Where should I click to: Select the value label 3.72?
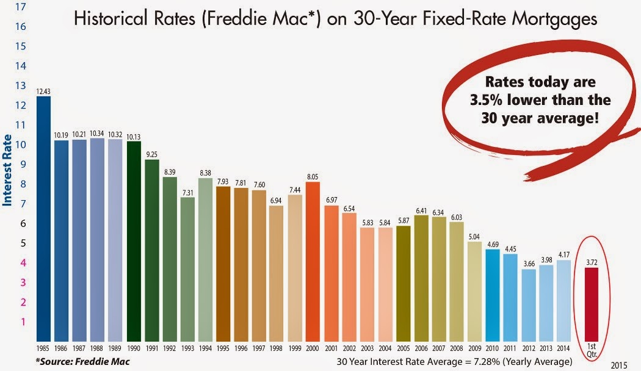[592, 262]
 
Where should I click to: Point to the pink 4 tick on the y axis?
[23, 263]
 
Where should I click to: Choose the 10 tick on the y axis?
[21, 145]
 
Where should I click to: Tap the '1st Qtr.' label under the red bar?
[591, 351]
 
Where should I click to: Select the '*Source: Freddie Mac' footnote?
[83, 362]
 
